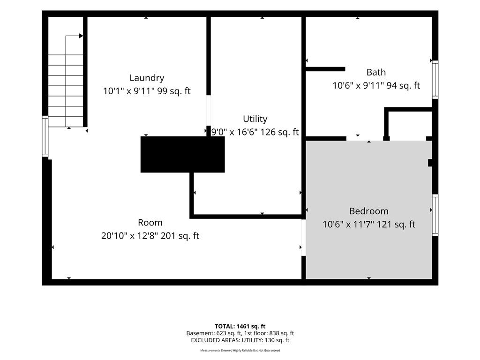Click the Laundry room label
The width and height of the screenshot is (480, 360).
click(147, 78)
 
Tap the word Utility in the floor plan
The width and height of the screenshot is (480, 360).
click(255, 119)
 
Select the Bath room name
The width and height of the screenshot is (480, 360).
click(376, 72)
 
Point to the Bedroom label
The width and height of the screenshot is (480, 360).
click(368, 211)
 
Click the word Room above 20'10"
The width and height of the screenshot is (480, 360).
click(150, 223)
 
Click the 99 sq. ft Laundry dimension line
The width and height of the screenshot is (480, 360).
click(147, 91)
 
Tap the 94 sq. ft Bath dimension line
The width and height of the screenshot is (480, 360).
click(376, 85)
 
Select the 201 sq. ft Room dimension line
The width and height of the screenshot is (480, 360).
click(150, 236)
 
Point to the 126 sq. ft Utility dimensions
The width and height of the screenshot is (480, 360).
click(255, 132)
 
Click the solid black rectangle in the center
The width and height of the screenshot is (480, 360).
click(182, 155)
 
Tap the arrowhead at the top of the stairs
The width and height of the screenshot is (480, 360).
click(81, 36)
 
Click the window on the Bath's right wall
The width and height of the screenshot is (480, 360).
click(435, 80)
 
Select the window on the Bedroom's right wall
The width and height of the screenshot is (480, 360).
click(435, 215)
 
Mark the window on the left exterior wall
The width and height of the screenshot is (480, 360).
click(45, 136)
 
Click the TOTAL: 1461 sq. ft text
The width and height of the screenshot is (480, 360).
click(240, 326)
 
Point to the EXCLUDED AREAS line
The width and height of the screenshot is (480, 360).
click(240, 340)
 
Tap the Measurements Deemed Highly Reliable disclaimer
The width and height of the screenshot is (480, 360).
click(240, 350)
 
